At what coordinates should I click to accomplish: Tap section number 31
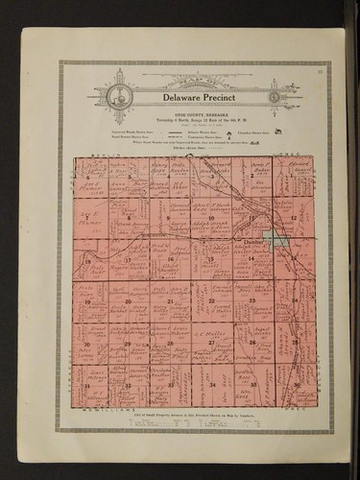pyautogui.click(x=87, y=384)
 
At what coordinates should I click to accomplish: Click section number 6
pyautogui.click(x=87, y=178)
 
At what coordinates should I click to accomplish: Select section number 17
pyautogui.click(x=128, y=259)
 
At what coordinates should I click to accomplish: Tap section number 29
pyautogui.click(x=128, y=343)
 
